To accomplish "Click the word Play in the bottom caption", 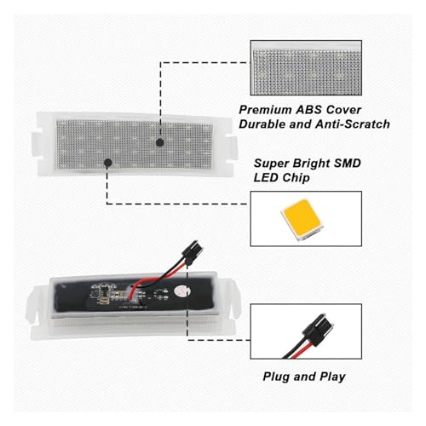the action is click(x=332, y=377).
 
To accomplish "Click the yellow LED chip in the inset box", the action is click(x=302, y=219).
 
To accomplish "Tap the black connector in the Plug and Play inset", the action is click(x=318, y=330).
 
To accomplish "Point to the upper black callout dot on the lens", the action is click(x=160, y=142).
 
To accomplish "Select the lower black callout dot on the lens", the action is click(x=108, y=163).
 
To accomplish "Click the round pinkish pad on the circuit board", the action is click(x=181, y=291).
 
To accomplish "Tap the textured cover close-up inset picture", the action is click(x=306, y=67).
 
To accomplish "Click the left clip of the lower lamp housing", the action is click(x=32, y=303).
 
